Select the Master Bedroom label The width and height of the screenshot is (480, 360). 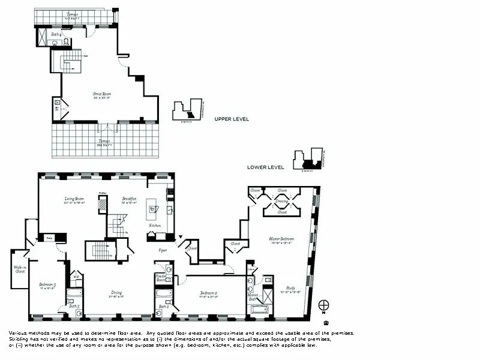click(280, 239)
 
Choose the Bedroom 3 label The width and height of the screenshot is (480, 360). click(47, 284)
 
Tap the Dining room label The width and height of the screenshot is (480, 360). click(116, 293)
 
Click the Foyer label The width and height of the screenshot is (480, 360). click(163, 250)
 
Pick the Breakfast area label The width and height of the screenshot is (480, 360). click(129, 199)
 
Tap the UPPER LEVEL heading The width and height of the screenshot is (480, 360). click(232, 119)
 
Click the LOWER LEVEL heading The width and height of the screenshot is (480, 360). click(265, 167)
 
